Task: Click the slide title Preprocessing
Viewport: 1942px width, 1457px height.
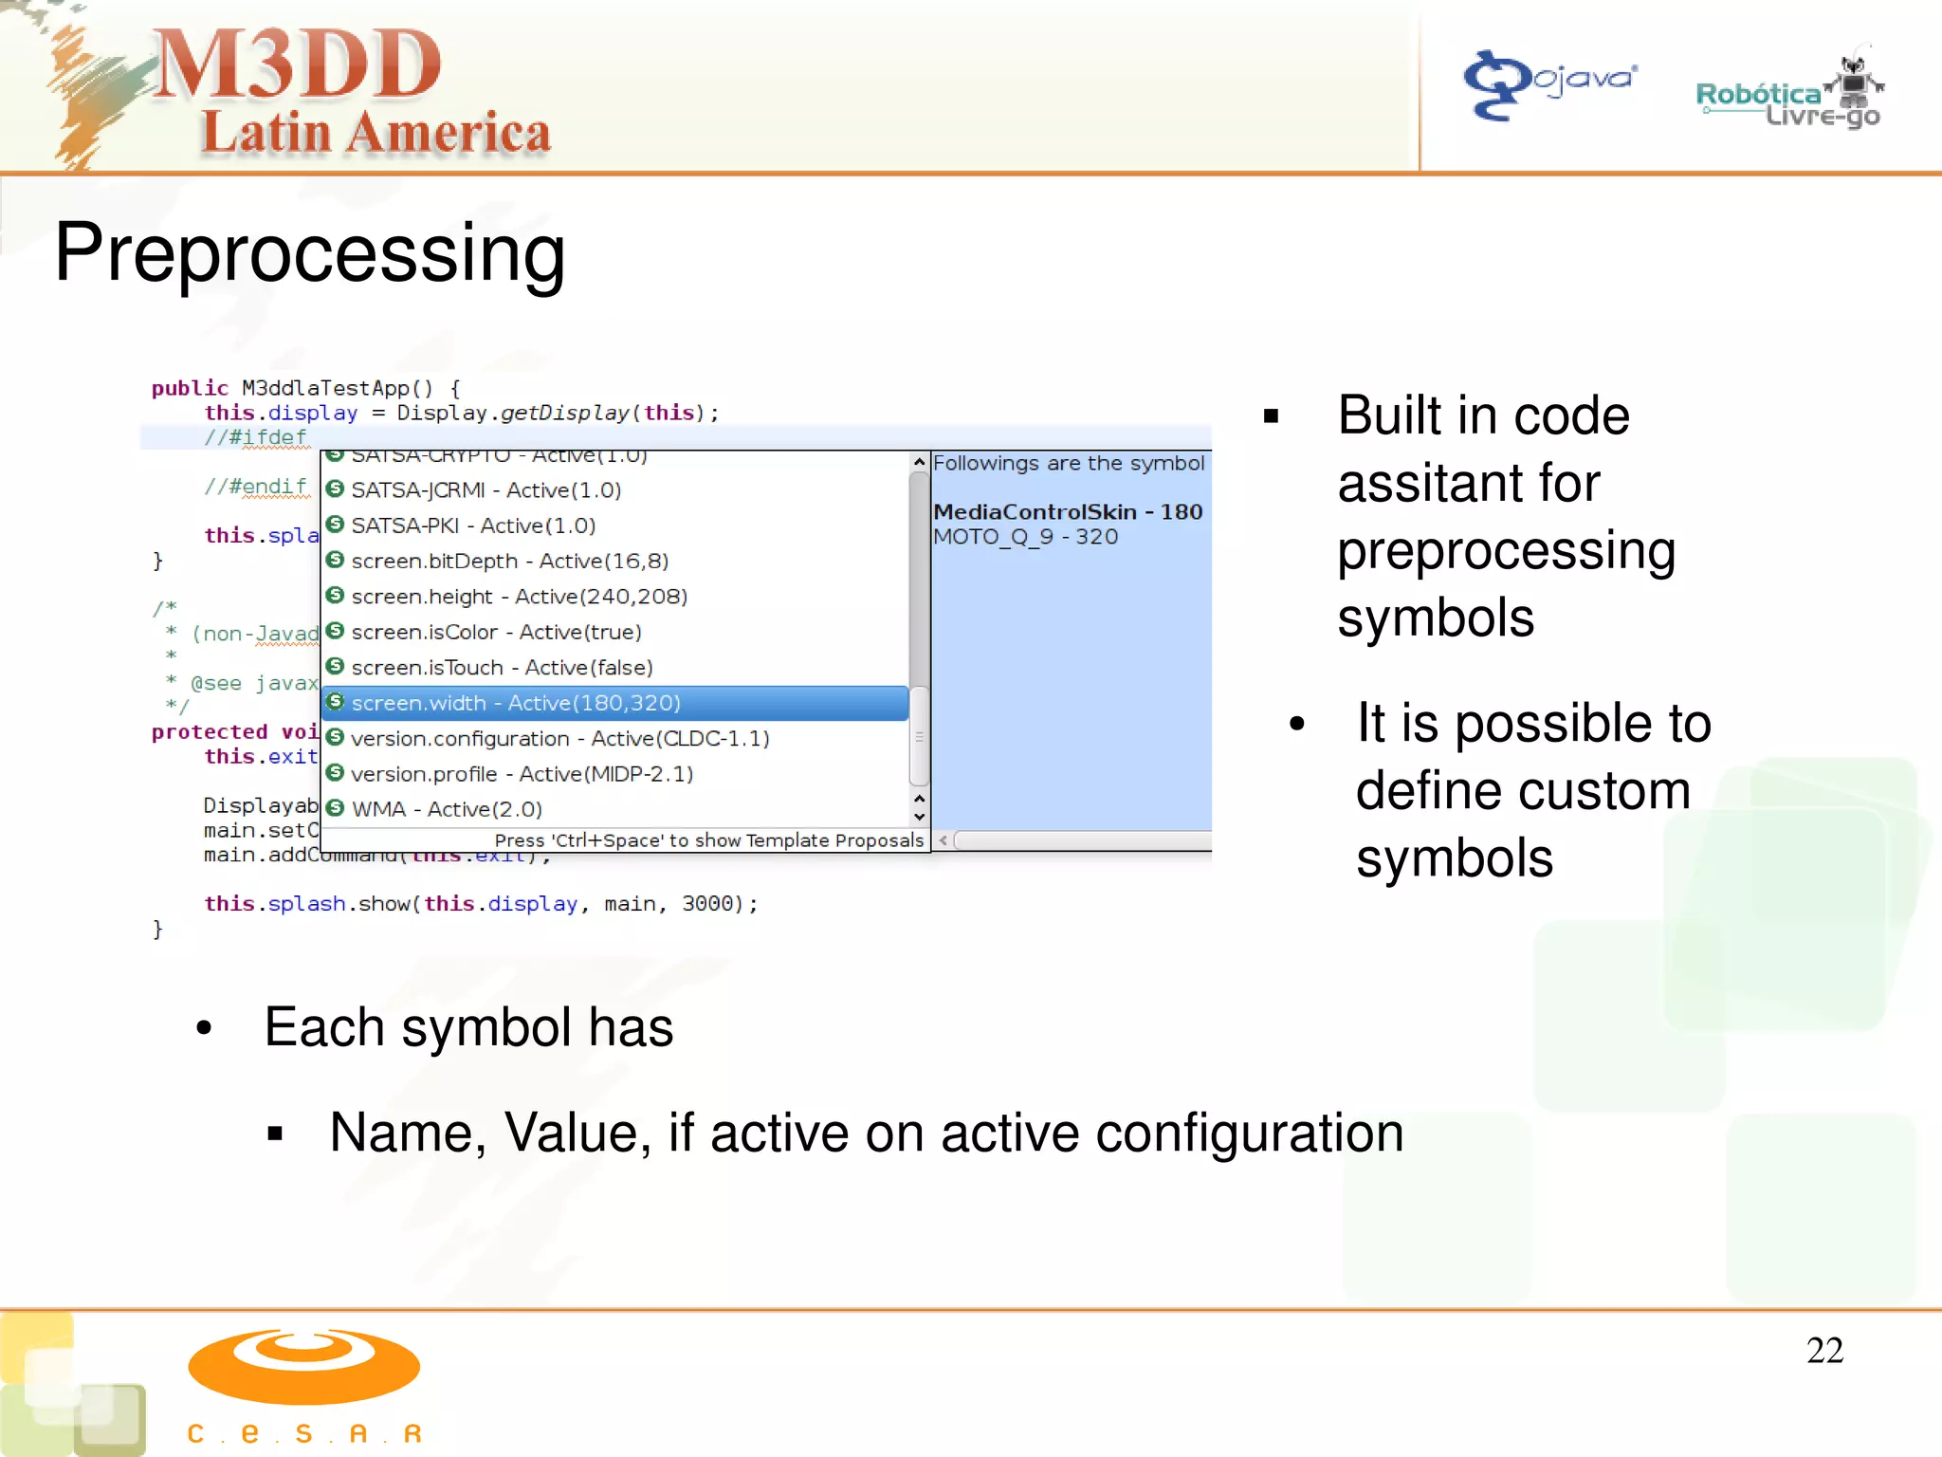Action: coord(310,252)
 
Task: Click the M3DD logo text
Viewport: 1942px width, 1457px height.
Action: coord(297,65)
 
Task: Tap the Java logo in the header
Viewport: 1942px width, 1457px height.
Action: coord(1549,83)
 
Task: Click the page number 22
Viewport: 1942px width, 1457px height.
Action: coord(1824,1350)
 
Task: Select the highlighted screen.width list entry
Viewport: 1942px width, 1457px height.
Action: coord(516,703)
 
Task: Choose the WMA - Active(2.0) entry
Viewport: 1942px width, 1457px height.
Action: coord(447,809)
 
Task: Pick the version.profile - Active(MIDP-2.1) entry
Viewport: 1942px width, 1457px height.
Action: coord(522,774)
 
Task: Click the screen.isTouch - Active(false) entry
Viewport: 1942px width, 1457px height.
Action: coord(502,668)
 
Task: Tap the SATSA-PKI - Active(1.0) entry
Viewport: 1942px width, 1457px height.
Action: coord(473,526)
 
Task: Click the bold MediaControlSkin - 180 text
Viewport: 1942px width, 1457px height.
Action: coord(1068,512)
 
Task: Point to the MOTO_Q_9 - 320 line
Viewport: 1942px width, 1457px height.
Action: coord(1025,537)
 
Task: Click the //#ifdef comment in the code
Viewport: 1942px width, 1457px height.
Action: coord(256,437)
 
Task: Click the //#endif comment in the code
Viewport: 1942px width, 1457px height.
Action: coord(256,487)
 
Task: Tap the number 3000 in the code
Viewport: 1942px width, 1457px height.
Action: coord(707,904)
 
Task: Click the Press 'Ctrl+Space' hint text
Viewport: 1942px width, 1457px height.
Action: coord(708,840)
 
